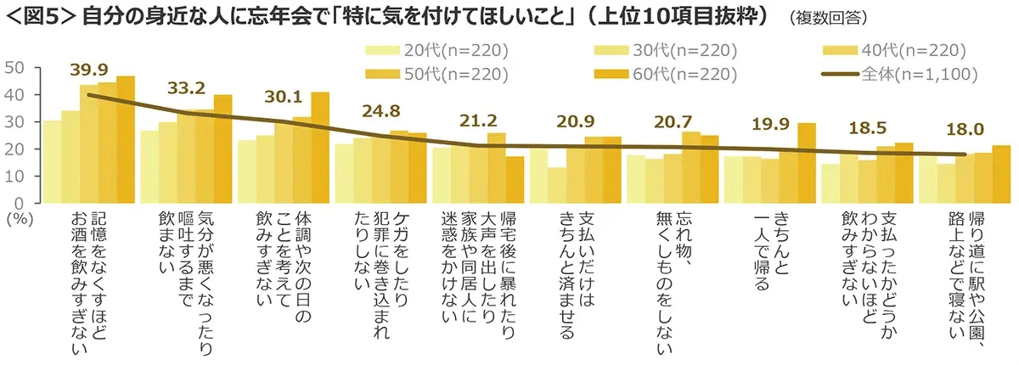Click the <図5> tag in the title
(38, 17)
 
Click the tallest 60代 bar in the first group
(126, 140)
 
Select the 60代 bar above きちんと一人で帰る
(805, 163)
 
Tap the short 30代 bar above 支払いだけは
(556, 185)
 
